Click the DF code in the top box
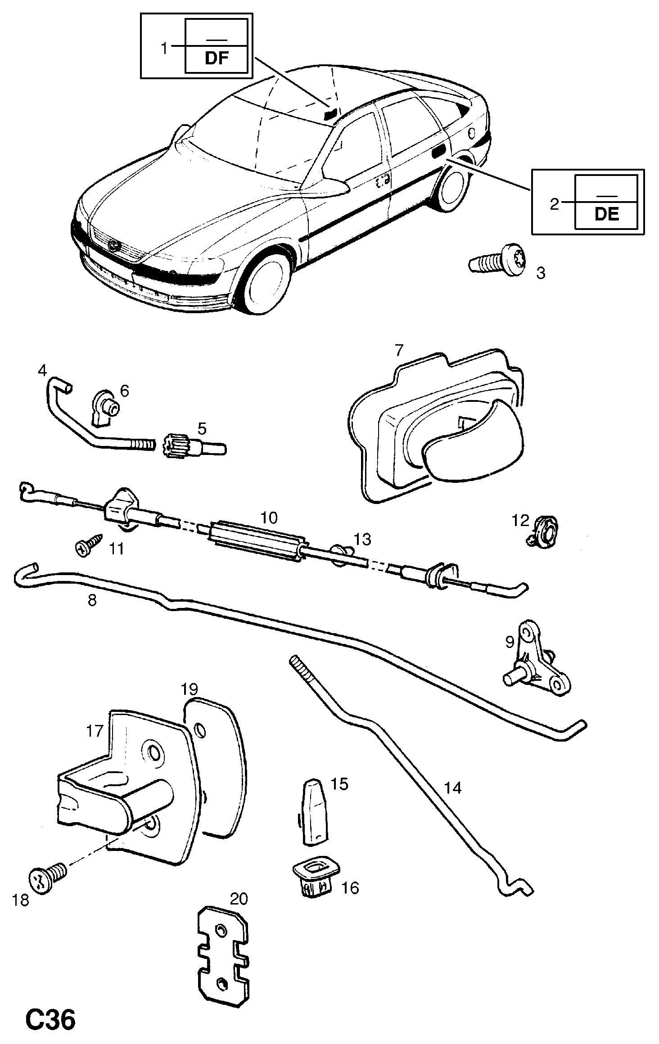(217, 58)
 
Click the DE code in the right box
(607, 214)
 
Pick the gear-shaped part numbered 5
(194, 446)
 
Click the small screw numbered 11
(88, 546)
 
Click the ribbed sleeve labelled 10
(256, 542)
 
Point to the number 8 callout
(92, 600)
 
